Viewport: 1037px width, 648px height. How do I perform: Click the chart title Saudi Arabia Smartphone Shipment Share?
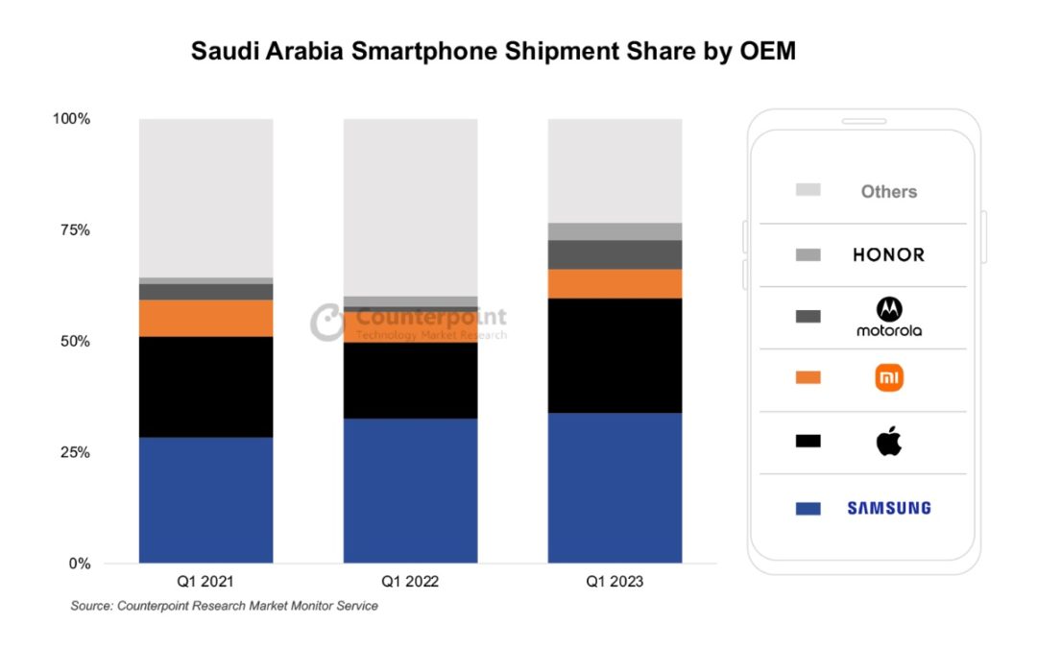pos(494,51)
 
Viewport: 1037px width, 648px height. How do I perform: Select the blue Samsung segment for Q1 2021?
pos(205,499)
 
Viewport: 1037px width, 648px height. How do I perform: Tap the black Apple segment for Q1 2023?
pos(615,355)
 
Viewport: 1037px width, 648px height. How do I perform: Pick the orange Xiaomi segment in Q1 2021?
pos(205,318)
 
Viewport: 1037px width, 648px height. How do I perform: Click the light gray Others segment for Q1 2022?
pos(410,206)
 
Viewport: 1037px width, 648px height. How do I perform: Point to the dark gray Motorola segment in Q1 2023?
pos(615,254)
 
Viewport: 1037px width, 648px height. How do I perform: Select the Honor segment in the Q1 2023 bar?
pos(615,231)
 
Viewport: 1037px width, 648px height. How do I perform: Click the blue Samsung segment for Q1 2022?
pos(410,490)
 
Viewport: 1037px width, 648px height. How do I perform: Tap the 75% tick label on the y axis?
pos(70,230)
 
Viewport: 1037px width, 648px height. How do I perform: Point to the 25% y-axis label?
pos(70,452)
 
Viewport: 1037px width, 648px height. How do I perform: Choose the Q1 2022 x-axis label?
pos(410,582)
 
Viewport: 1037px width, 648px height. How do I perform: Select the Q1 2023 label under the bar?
pos(615,582)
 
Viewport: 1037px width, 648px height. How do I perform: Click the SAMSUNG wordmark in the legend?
pos(888,508)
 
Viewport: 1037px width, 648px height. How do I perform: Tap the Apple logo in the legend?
pos(889,442)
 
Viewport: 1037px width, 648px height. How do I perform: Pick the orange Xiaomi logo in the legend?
pos(889,378)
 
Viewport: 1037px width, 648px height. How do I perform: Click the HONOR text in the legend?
pos(888,254)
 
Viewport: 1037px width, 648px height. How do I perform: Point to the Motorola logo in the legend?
pos(889,316)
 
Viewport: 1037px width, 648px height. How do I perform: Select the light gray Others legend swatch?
pos(808,191)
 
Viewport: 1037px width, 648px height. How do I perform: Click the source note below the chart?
pos(224,606)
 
